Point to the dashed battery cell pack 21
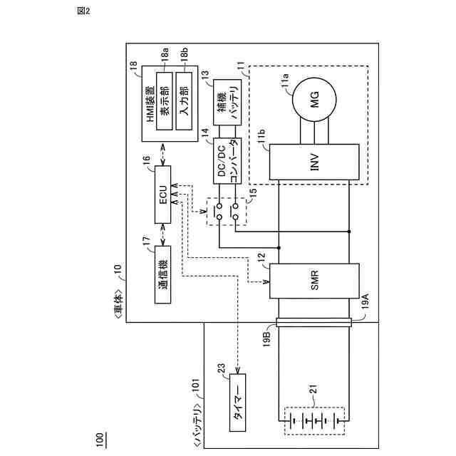(x=313, y=420)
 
